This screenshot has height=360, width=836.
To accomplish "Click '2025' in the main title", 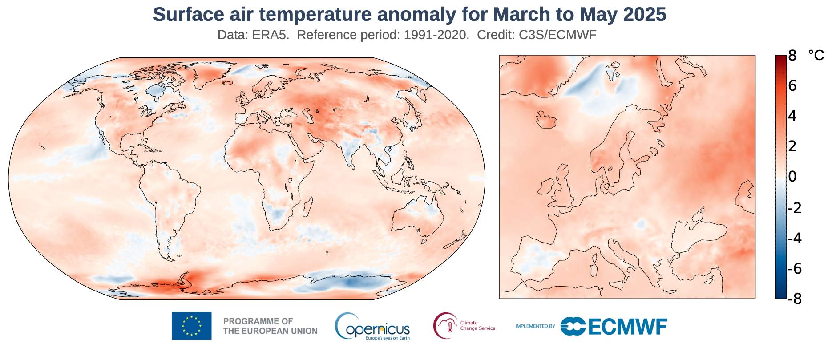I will click(644, 15).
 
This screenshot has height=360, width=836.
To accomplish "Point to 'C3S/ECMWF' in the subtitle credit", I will click(557, 35).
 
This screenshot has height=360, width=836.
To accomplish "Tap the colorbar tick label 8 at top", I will click(792, 56).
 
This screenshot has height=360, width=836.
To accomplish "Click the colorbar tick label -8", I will click(794, 299).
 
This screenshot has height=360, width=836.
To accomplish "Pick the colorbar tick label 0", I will click(792, 177).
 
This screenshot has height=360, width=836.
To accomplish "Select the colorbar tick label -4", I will click(794, 238).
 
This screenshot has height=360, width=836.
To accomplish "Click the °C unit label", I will click(816, 56).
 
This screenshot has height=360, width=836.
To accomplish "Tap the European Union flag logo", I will click(191, 326).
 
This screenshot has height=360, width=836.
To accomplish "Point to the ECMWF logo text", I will click(627, 326).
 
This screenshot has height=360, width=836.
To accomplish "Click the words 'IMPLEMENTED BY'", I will click(535, 326).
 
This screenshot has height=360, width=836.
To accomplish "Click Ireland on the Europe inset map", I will click(545, 187).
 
